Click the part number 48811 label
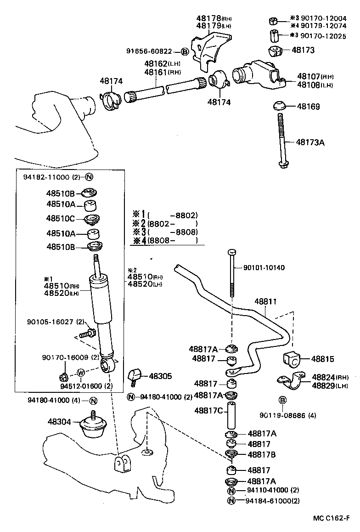point(266,302)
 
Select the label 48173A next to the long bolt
point(310,142)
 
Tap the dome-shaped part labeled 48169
point(279,106)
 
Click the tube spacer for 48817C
point(233,412)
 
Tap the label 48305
point(160,376)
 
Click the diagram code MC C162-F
point(335,518)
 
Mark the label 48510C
point(60,219)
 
